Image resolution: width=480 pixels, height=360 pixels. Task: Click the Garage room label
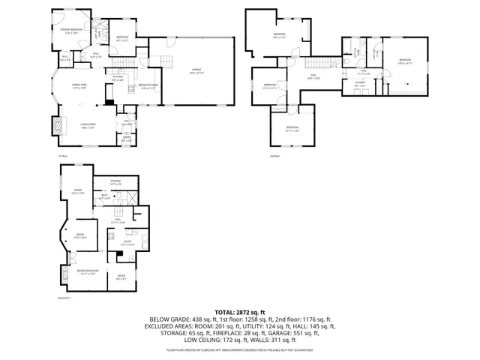196,72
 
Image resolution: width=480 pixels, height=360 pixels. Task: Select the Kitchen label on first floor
118,78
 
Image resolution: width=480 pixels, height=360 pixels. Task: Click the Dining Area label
78,87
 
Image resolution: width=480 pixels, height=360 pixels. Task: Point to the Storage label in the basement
115,181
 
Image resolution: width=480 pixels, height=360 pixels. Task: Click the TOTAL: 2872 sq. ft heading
240,312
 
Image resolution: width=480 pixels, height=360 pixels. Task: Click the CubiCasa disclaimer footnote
240,350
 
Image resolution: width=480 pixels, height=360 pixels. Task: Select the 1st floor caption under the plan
63,156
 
